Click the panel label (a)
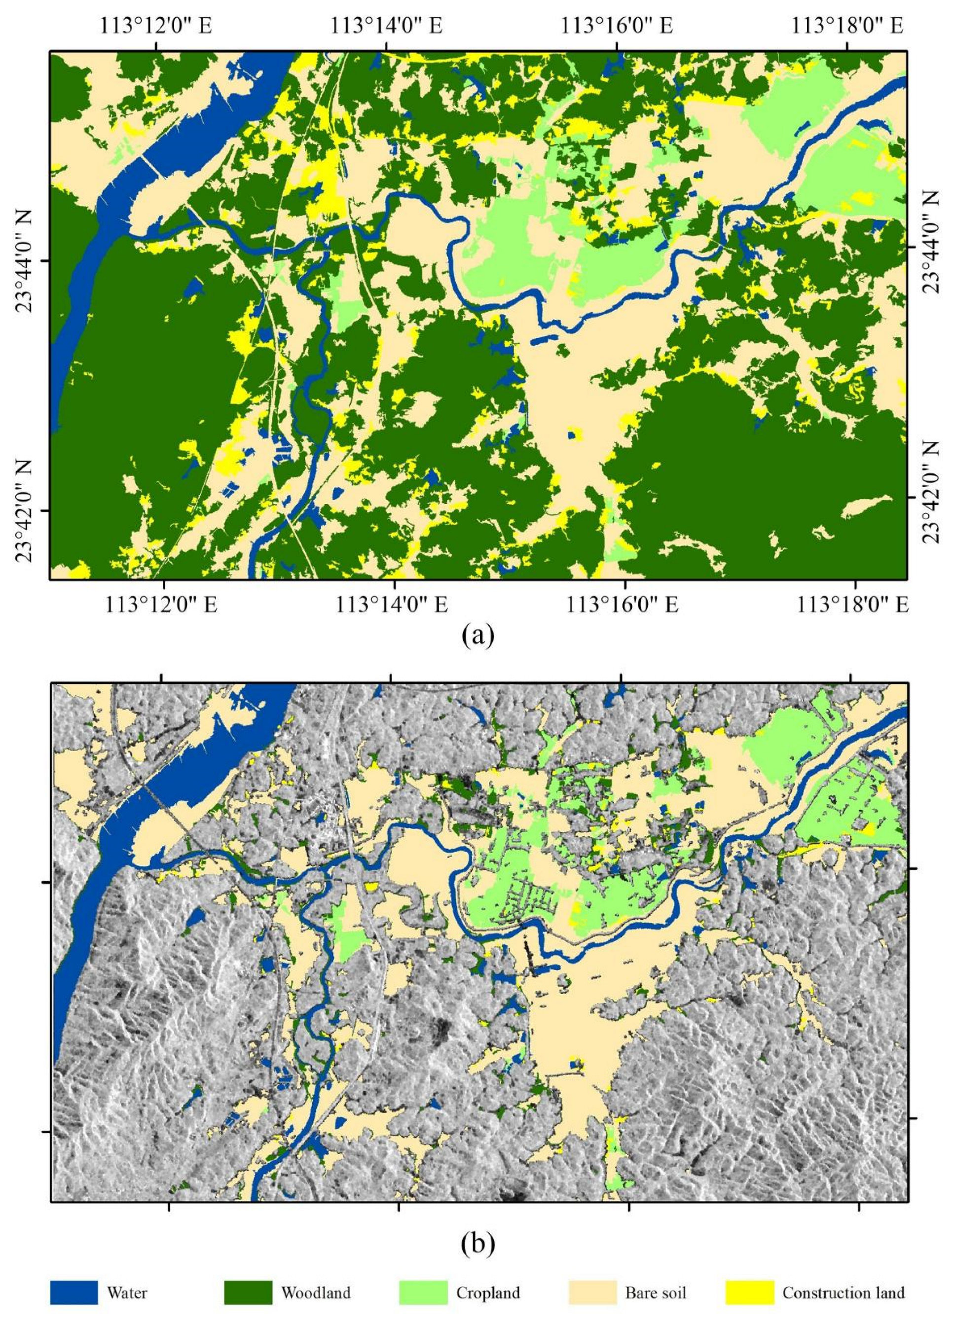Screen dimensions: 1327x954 point(477,633)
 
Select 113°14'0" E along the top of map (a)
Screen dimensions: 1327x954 point(386,26)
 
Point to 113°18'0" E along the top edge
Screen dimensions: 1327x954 point(847,26)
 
